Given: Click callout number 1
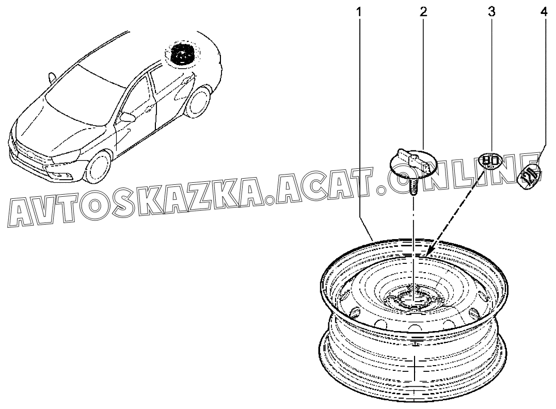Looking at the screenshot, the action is (x=359, y=12).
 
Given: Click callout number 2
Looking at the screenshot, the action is (x=423, y=12).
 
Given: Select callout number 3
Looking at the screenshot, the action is (x=491, y=12).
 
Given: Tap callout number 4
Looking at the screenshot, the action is (x=544, y=12).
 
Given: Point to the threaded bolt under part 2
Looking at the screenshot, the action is (x=413, y=187).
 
